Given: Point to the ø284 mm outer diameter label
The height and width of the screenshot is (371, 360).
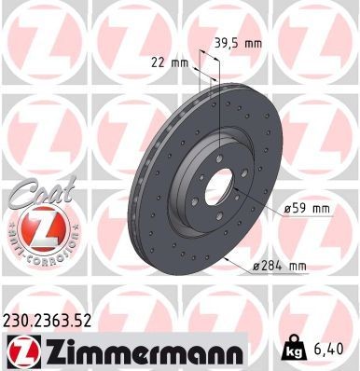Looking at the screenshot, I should point(279,267).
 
